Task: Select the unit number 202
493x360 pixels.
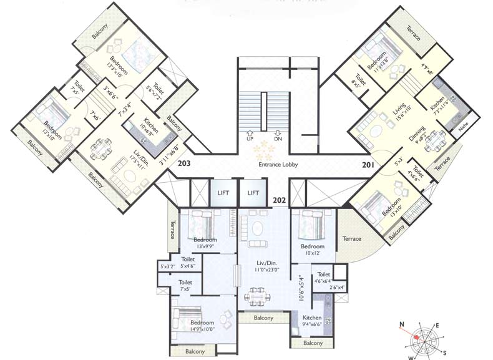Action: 279,200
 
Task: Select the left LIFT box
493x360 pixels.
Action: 223,193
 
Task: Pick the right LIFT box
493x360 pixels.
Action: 253,193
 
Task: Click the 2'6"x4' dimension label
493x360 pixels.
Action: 336,288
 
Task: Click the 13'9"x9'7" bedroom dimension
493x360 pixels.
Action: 205,247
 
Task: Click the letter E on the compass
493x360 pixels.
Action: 437,325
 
